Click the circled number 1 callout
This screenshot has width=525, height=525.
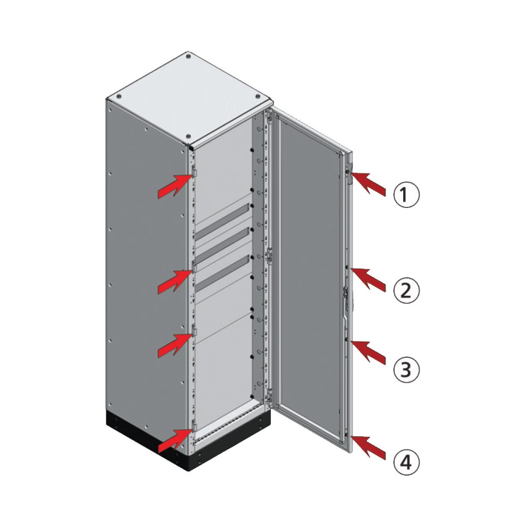coord(407,196)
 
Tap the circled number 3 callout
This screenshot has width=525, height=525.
coord(407,369)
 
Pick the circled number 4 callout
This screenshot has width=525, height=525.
coord(407,462)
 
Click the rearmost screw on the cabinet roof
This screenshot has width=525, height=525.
coord(188,55)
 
